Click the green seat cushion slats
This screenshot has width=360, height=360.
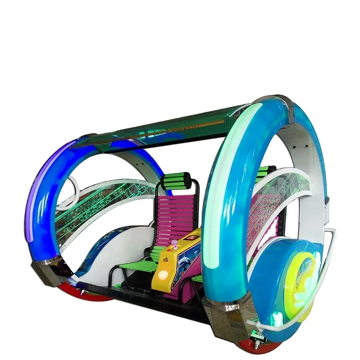pos(139,264)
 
